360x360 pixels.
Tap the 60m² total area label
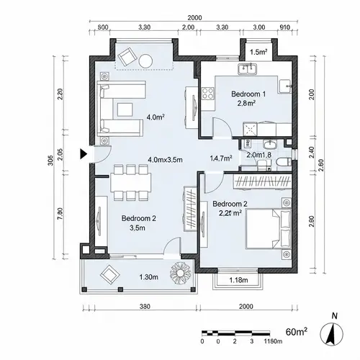pyautogui.click(x=297, y=332)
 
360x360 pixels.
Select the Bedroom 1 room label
pyautogui.click(x=248, y=94)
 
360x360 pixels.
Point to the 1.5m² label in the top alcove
pyautogui.click(x=258, y=53)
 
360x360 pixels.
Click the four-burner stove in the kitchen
pyautogui.click(x=208, y=93)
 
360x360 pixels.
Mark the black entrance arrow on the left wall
pyautogui.click(x=85, y=153)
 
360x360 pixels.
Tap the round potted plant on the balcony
pyautogui.click(x=179, y=273)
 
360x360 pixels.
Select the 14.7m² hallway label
pyautogui.click(x=220, y=158)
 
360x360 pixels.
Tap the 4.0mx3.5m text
pyautogui.click(x=166, y=159)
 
